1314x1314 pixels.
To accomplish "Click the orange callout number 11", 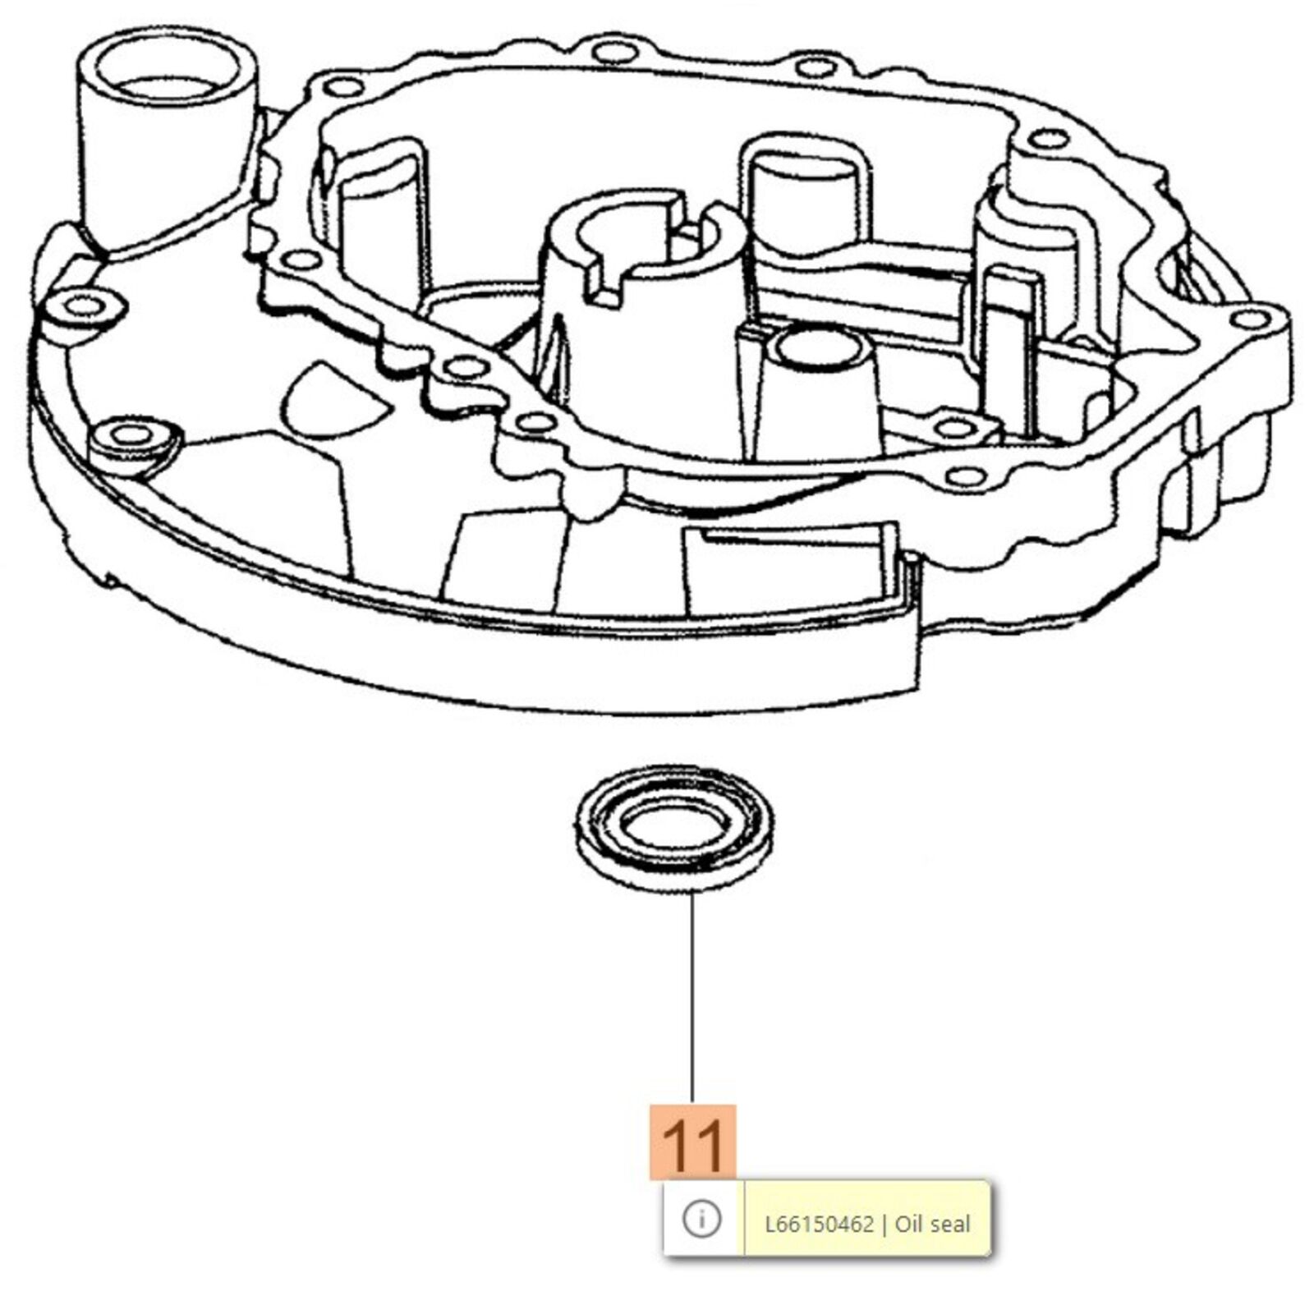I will [x=692, y=1143].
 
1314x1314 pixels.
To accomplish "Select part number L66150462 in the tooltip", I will [x=819, y=1224].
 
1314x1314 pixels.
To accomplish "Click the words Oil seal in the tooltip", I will [x=932, y=1224].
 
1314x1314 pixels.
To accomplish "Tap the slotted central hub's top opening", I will [x=649, y=238].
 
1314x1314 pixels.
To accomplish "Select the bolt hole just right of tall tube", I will [x=343, y=87].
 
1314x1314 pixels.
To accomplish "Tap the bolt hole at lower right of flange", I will [x=965, y=476].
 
